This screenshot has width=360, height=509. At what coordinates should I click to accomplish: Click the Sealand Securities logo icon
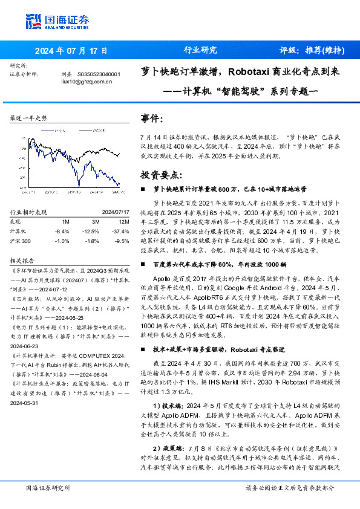(34, 21)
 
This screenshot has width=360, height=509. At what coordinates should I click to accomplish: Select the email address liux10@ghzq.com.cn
(87, 81)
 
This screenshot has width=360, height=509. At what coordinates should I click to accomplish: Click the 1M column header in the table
(65, 222)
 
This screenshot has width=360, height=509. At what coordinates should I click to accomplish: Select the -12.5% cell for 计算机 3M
(91, 231)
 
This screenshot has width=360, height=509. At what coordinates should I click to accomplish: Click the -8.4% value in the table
(63, 231)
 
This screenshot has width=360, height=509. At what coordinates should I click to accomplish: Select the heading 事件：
(152, 118)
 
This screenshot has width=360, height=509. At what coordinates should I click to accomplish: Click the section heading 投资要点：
(161, 175)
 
